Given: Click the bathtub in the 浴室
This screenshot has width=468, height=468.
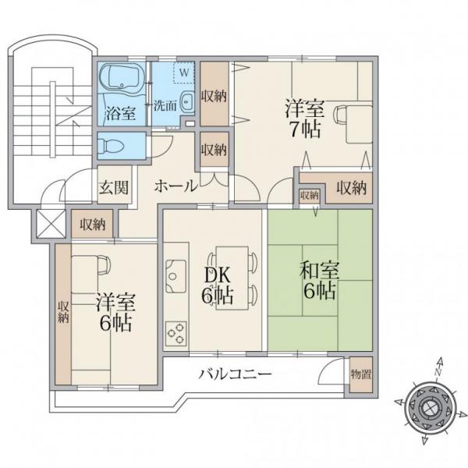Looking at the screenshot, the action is click(x=122, y=77).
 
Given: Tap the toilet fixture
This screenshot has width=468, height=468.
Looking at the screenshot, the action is click(x=111, y=146).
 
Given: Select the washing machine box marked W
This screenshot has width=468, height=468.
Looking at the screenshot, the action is click(x=184, y=73).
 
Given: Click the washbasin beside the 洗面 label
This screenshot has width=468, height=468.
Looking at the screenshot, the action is click(x=187, y=101).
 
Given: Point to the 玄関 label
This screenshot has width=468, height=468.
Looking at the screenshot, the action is click(x=114, y=187).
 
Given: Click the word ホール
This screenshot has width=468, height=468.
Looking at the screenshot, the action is click(x=176, y=186).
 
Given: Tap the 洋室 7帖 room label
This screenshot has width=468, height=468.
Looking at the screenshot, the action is click(x=304, y=119).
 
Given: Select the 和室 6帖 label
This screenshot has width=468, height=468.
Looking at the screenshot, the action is click(x=319, y=281).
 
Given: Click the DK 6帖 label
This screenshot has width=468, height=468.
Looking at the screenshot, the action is click(x=218, y=285).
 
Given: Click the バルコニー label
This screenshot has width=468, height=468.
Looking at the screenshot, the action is click(x=236, y=374).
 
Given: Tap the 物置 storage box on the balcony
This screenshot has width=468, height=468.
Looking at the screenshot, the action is click(x=361, y=374).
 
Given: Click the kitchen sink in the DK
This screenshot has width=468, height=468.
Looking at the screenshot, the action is click(x=176, y=276).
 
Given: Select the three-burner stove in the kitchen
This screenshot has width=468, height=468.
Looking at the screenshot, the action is click(x=176, y=333).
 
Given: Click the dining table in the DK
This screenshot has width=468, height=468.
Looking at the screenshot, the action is click(x=232, y=278).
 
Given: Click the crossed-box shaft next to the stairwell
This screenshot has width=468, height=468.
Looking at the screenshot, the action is click(x=51, y=224).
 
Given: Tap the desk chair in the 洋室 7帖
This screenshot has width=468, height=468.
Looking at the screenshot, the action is click(x=341, y=115).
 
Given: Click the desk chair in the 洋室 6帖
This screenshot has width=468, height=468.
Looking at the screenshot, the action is click(x=105, y=264).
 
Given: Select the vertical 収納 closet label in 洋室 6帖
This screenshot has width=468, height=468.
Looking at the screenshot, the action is click(x=63, y=312).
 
